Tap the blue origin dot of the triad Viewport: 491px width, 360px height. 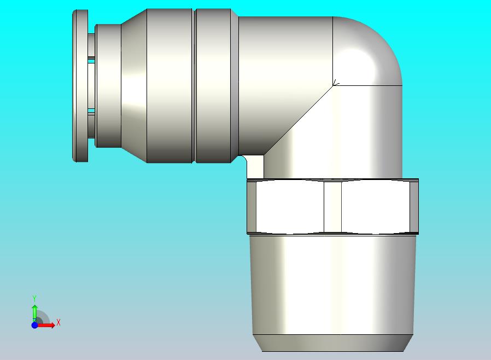[35, 325]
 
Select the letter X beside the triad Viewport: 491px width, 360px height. [59, 322]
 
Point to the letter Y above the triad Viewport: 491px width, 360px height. [34, 298]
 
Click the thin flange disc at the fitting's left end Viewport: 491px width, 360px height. [80, 86]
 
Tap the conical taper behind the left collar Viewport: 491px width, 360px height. [134, 85]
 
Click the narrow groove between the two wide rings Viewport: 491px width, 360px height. [194, 85]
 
